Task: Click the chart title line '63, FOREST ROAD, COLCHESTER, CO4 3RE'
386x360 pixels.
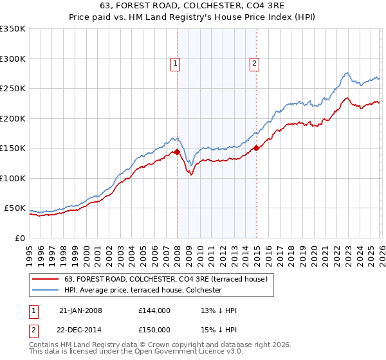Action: click(193, 6)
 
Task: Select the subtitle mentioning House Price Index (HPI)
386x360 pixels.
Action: click(193, 17)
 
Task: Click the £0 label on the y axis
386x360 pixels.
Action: click(21, 238)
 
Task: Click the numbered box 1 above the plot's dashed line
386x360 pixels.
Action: click(176, 63)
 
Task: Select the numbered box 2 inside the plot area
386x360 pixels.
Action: click(255, 63)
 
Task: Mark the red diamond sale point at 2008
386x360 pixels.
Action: click(177, 152)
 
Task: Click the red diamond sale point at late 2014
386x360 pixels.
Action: click(256, 148)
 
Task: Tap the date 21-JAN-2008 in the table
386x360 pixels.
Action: click(80, 310)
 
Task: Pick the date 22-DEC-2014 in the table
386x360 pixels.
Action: click(80, 330)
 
